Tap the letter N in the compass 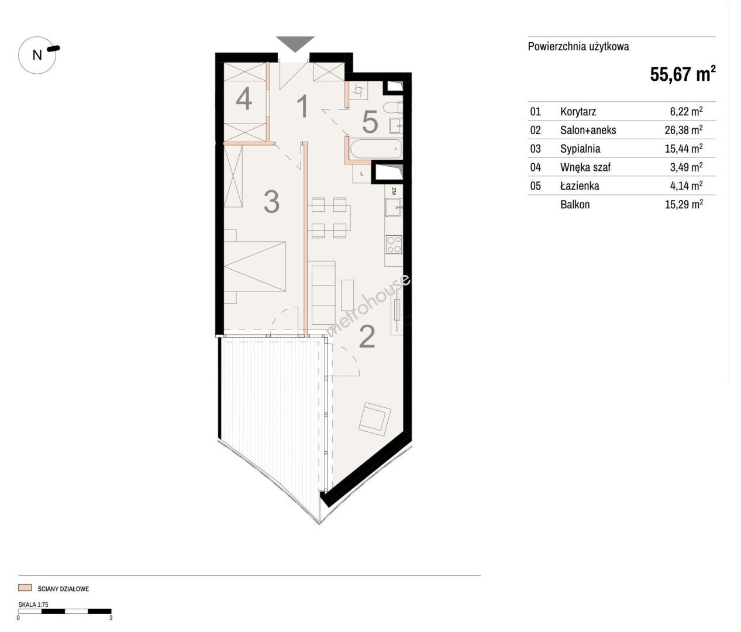coord(37,55)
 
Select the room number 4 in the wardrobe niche coord(244,98)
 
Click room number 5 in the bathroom coord(370,122)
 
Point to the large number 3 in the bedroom coord(271,201)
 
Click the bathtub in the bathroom coord(375,149)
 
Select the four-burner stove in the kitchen coord(394,245)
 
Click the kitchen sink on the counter coord(394,207)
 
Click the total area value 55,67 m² coord(683,74)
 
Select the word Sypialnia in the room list coord(580,149)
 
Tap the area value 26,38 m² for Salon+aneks coord(684,129)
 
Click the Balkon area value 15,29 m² coord(684,204)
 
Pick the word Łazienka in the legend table coord(580,186)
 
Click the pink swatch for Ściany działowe coord(25,588)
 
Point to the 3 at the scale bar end coord(111,618)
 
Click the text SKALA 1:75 coord(33,604)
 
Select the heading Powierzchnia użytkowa coord(578,47)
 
